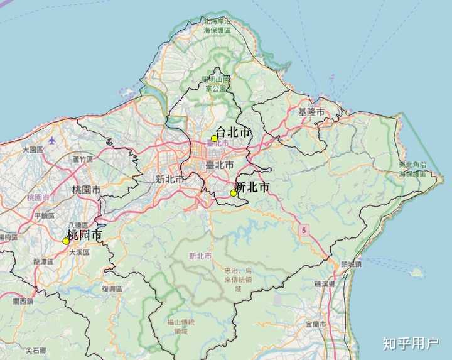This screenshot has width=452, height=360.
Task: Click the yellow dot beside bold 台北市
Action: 214,138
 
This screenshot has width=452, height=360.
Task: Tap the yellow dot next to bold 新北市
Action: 234,193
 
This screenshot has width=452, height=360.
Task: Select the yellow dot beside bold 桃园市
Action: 66,241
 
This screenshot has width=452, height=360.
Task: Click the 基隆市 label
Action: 311,112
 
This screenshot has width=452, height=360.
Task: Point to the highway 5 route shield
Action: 304,229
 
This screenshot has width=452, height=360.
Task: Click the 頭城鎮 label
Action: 351,265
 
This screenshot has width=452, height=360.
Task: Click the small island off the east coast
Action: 415,273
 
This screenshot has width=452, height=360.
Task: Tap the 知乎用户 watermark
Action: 411,343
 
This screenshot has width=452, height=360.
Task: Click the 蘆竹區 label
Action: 82,160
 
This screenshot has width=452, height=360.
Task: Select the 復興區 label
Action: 112,288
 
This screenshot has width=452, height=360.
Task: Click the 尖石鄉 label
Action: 36,350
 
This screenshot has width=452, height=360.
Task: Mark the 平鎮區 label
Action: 45,215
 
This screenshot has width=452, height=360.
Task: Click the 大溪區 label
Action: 79,252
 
